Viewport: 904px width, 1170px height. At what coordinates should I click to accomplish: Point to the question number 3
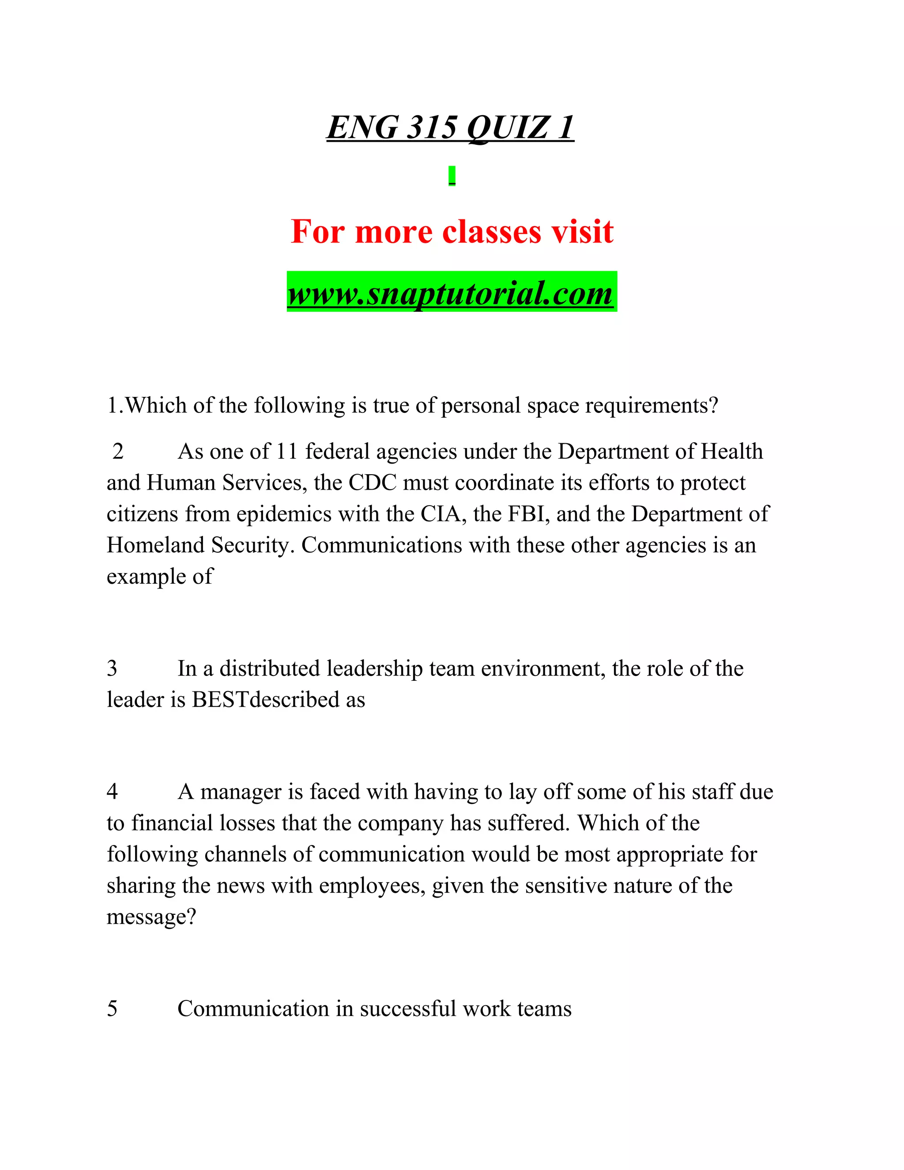pyautogui.click(x=112, y=668)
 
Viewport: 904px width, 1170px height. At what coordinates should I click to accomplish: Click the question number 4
pyautogui.click(x=112, y=791)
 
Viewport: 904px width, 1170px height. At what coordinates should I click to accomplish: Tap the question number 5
pyautogui.click(x=112, y=1008)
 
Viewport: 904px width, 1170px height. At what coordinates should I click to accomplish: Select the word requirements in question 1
pyautogui.click(x=651, y=406)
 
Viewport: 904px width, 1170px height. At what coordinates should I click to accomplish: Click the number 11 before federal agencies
pyautogui.click(x=287, y=452)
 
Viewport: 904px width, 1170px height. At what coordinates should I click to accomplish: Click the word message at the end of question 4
pyautogui.click(x=151, y=917)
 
